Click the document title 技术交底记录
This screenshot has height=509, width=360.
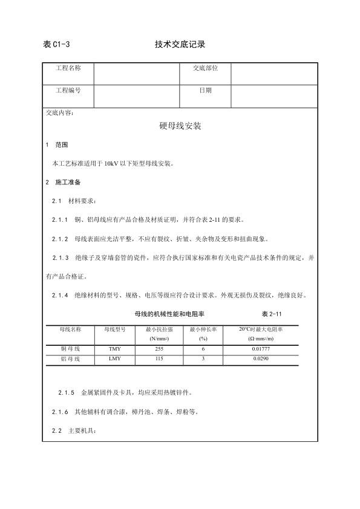180,44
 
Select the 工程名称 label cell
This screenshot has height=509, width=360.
68,68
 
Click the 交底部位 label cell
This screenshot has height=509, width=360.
205,68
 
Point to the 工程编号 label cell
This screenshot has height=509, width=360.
68,90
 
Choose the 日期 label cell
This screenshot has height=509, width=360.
205,90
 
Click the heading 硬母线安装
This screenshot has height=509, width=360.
180,128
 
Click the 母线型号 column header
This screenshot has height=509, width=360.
114,329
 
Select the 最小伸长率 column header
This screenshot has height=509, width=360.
203,329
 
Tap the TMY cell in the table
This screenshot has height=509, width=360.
114,349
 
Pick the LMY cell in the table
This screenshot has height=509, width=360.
114,359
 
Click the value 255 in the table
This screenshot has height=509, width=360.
159,349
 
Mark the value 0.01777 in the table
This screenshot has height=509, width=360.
261,349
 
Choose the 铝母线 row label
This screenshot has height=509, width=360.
70,359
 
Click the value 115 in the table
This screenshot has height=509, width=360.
159,359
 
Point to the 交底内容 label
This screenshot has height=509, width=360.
59,112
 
